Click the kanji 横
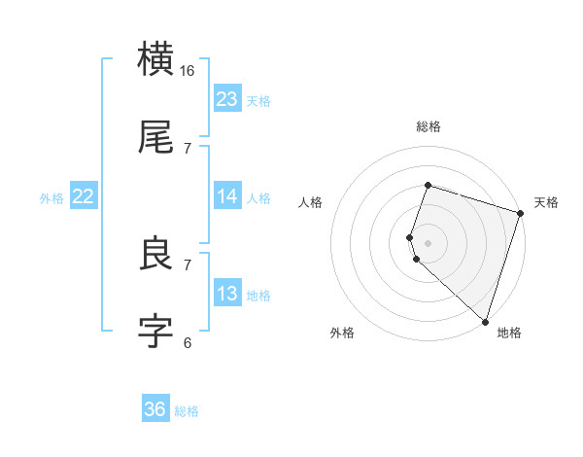156,59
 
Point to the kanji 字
156,331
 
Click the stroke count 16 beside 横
188,71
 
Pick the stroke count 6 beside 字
188,342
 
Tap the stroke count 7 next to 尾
188,148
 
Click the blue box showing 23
227,99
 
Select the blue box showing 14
227,196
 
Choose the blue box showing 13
227,294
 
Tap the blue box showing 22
84,196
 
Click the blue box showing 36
155,409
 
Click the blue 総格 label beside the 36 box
188,411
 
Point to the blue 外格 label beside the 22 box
51,198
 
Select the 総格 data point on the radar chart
428,185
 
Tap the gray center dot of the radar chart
428,242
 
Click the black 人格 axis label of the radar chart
311,202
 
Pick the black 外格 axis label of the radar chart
342,333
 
